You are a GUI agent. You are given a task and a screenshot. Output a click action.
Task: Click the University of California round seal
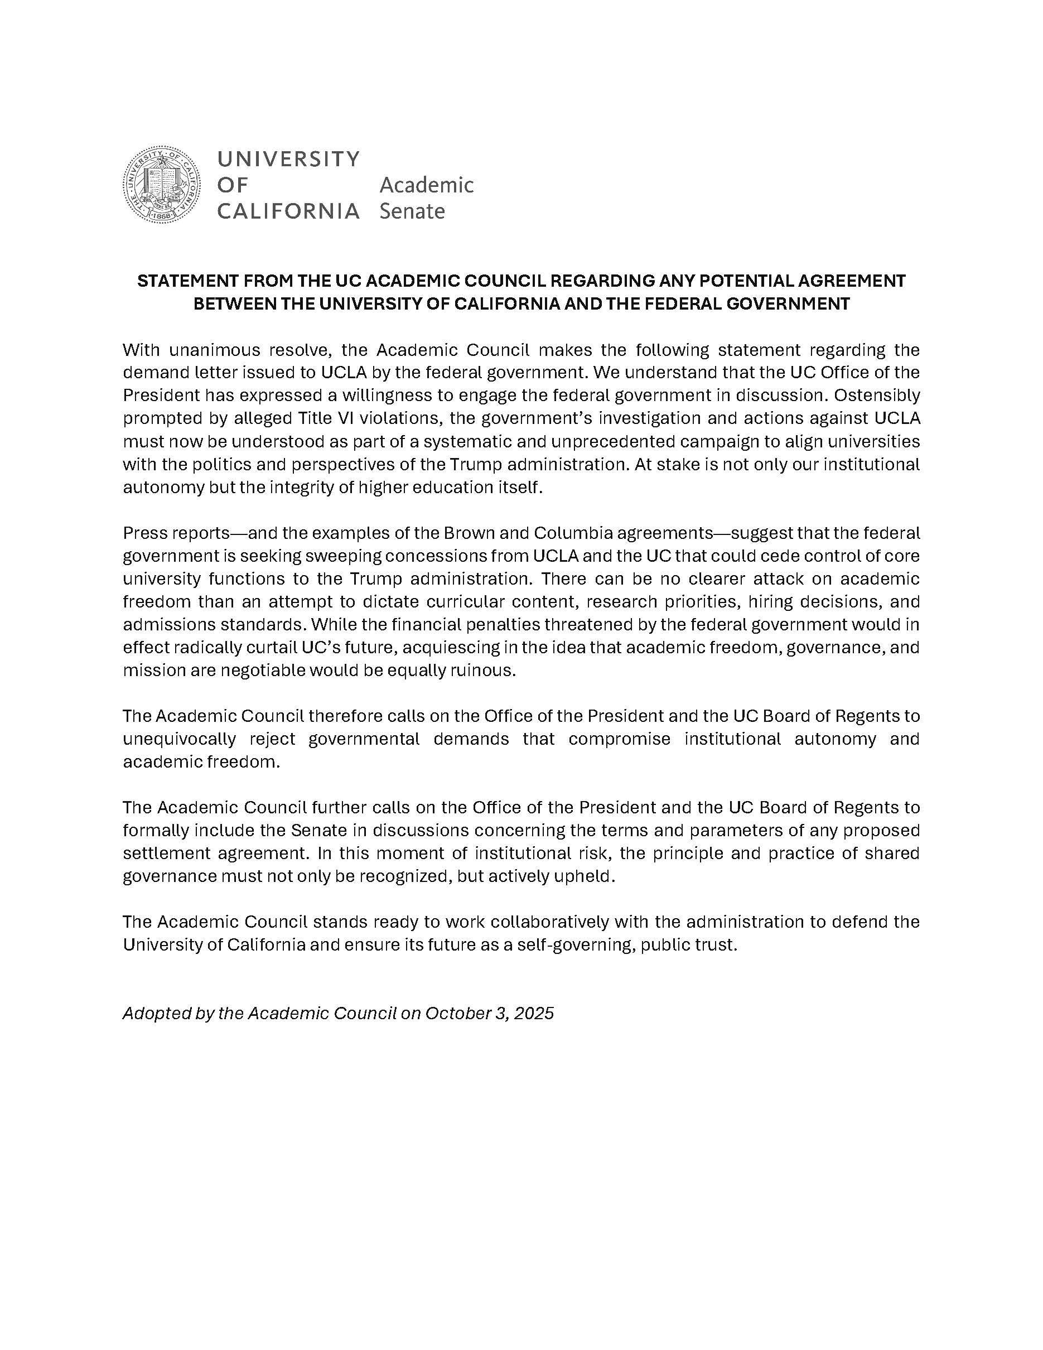point(162,185)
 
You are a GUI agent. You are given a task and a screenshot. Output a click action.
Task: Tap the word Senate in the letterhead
point(412,211)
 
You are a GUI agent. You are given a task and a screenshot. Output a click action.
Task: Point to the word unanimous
point(212,350)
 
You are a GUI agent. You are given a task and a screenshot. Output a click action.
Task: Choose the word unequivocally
point(179,739)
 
